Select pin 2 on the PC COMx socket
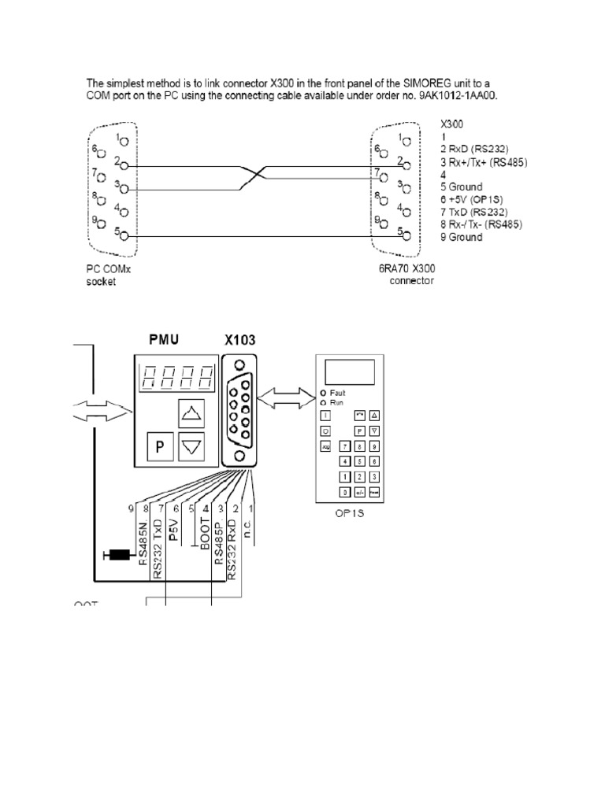[123, 167]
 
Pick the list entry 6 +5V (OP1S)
[474, 200]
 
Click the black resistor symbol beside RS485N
[120, 556]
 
